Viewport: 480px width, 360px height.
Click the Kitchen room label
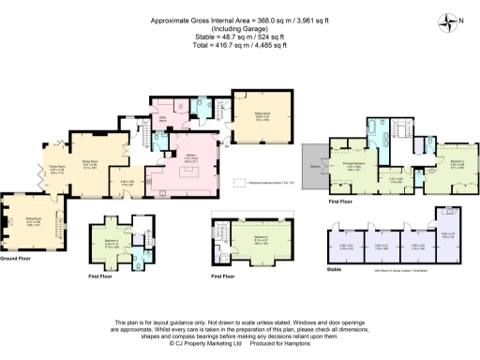coord(188,157)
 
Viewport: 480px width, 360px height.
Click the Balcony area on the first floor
coord(313,168)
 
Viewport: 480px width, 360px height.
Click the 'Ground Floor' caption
coord(17,256)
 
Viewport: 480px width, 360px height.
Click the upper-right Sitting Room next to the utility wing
coord(255,117)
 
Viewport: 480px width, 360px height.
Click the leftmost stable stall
coord(342,248)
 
